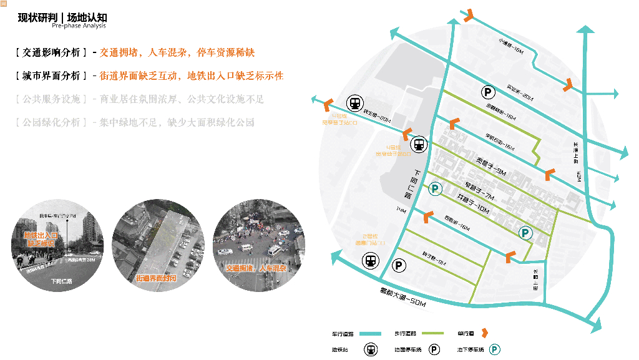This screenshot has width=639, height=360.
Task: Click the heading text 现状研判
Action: click(37, 17)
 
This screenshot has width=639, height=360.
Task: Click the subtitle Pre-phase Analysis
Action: click(79, 26)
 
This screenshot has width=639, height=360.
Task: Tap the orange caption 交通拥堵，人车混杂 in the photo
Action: click(256, 268)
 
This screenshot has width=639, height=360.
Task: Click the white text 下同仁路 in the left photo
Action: click(62, 281)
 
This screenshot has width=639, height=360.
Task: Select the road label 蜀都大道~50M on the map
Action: click(402, 296)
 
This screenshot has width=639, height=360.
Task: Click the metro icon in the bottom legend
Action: click(371, 349)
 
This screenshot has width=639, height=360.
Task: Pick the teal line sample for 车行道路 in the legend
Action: click(369, 334)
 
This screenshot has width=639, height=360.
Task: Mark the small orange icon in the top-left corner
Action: click(4, 4)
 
